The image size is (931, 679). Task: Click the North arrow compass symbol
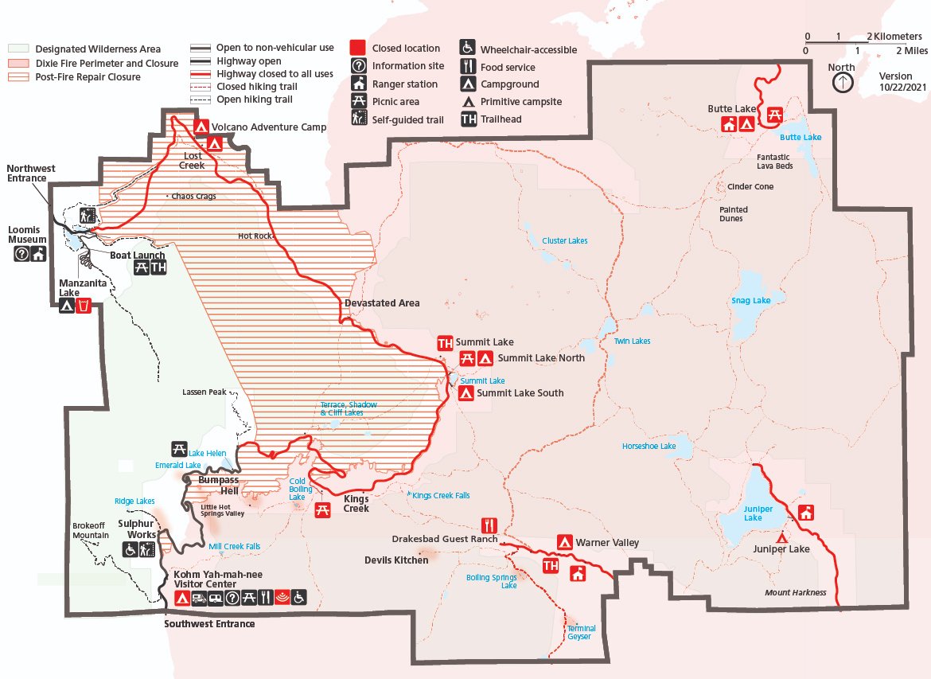point(841,82)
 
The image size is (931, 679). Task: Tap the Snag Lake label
point(750,300)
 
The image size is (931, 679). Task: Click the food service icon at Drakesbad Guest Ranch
point(489,525)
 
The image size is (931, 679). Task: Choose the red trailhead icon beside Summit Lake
point(445,343)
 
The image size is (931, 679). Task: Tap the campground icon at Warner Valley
point(564,542)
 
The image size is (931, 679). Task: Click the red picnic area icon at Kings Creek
point(322,511)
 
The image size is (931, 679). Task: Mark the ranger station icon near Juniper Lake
point(806,512)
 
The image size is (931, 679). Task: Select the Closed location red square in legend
point(358,49)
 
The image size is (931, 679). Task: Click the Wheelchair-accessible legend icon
point(467,49)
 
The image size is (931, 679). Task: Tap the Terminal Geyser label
point(580,632)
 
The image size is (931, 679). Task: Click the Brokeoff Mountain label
point(90,530)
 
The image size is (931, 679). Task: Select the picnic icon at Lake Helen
point(179,449)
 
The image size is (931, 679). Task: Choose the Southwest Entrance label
point(209,623)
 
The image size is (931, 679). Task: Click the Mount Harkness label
point(795,592)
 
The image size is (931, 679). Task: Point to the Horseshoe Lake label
point(649,446)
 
